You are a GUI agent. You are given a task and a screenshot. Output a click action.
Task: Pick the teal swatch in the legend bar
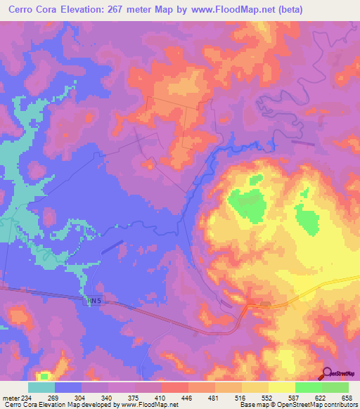coord(41,387)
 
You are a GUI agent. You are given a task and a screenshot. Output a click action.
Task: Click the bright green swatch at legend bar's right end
coord(335,387)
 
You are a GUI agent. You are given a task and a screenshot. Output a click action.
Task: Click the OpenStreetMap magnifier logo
coord(328,373)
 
